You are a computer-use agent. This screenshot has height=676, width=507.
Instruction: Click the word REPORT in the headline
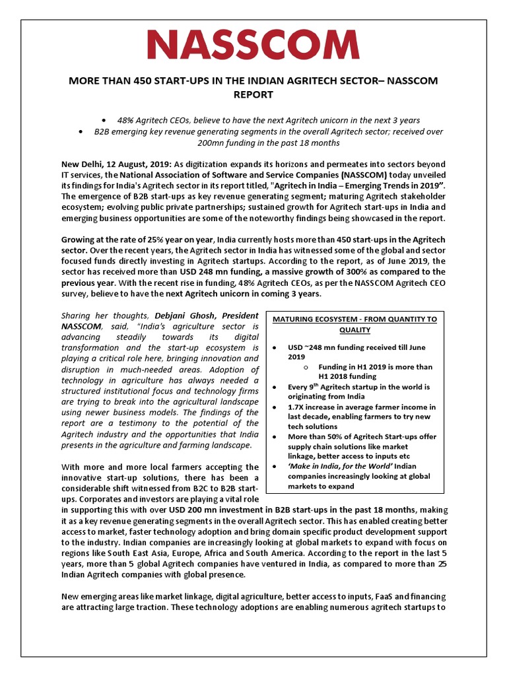[253, 94]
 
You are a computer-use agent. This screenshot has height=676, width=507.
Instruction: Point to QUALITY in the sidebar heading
[355, 329]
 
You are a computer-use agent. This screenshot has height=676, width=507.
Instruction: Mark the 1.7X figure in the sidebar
[296, 407]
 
